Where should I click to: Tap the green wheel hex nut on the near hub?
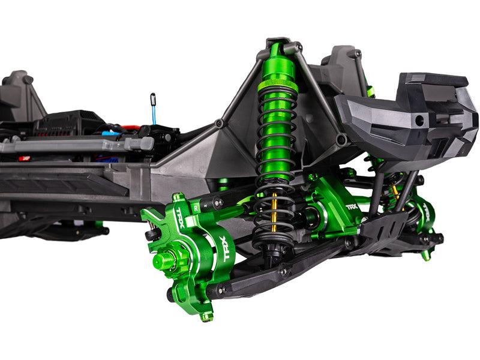[x=162, y=260]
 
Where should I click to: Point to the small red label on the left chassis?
[x=24, y=159]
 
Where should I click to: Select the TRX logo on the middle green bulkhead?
[x=352, y=206]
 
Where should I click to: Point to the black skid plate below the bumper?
[x=384, y=226]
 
